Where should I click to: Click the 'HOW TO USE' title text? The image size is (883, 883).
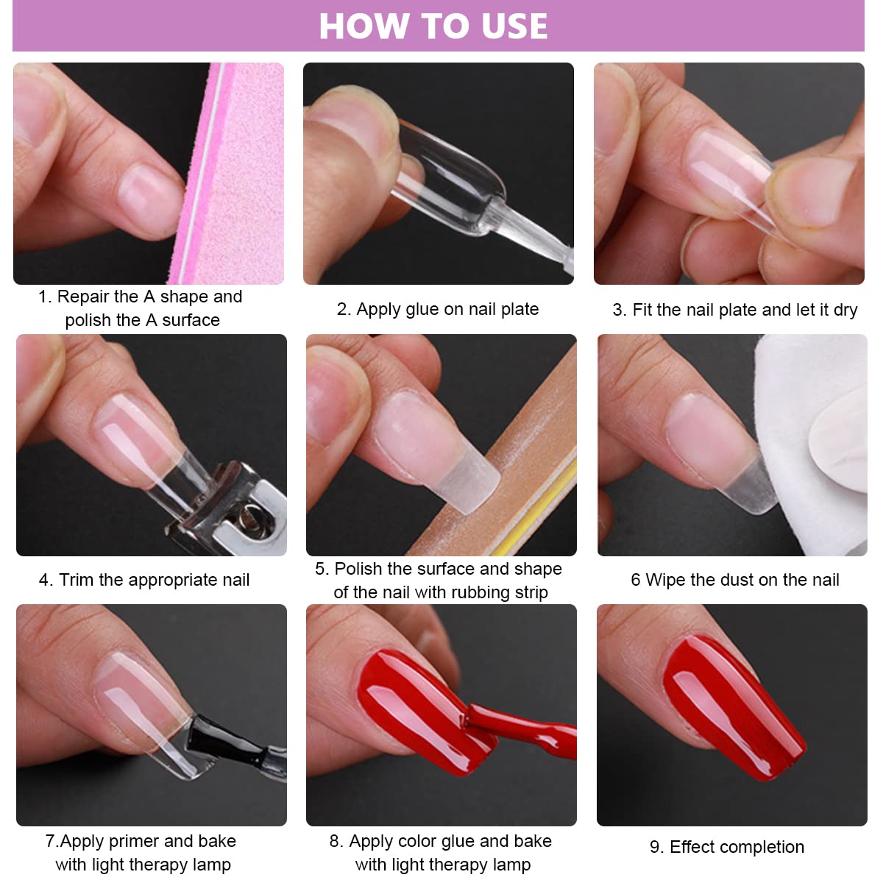pyautogui.click(x=433, y=26)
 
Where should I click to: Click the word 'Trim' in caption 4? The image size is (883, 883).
pyautogui.click(x=77, y=580)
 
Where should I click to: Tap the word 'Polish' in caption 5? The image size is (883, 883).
pyautogui.click(x=358, y=569)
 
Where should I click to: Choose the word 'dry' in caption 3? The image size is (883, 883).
pyautogui.click(x=845, y=310)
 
